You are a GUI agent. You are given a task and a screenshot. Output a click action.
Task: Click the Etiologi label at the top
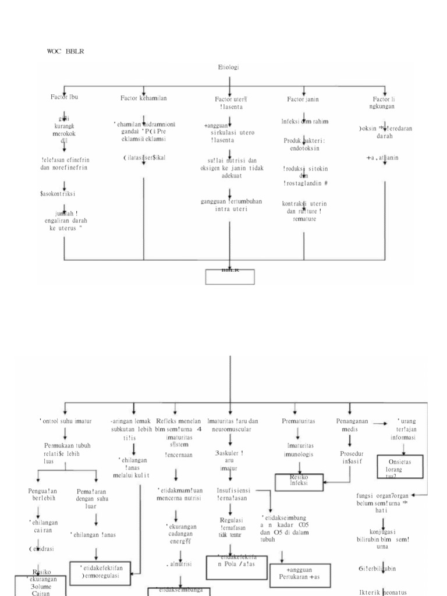[229, 68]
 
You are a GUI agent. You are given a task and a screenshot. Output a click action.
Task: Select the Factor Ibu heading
[64, 97]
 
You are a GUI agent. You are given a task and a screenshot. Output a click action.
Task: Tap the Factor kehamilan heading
[144, 98]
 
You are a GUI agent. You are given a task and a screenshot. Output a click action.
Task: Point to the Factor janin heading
[303, 100]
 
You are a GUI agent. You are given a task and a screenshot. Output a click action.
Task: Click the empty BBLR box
[230, 276]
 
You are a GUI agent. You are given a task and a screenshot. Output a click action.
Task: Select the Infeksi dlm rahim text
[305, 122]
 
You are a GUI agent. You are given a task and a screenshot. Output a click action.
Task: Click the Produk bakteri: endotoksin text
[305, 144]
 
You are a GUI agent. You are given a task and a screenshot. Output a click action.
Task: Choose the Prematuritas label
[299, 420]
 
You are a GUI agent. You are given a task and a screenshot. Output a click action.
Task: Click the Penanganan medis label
[349, 424]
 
